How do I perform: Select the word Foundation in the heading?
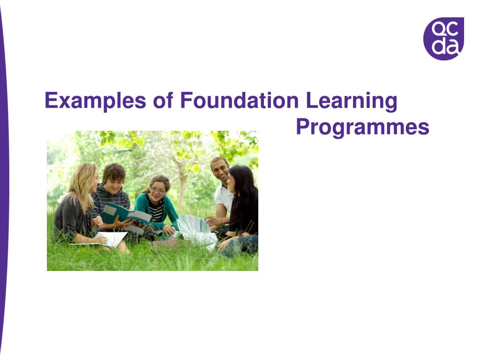pos(239,101)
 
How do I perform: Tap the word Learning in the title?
pos(352,101)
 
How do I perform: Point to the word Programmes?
pos(362,127)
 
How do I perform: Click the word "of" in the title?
pos(162,101)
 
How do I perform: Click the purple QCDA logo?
pos(443,38)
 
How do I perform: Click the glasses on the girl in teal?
pos(157,190)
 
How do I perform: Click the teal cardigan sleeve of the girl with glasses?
pos(171,213)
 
